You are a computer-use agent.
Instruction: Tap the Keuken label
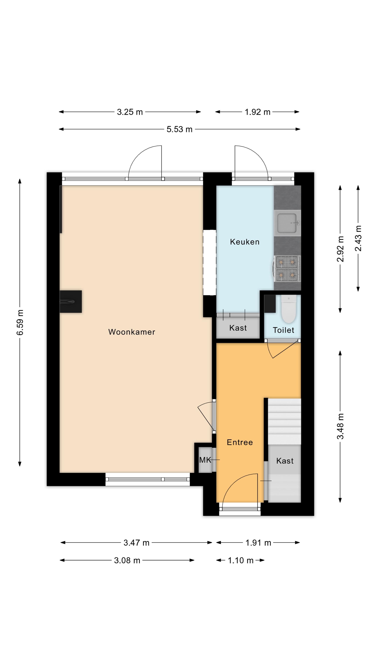[245, 242]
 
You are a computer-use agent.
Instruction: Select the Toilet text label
[283, 330]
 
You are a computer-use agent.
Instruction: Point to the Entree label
[240, 442]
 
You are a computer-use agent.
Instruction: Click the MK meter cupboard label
[205, 460]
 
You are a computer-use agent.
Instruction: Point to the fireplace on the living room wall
[71, 302]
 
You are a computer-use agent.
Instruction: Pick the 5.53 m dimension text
[180, 129]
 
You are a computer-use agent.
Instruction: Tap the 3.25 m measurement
[130, 112]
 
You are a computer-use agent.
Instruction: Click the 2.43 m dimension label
[358, 238]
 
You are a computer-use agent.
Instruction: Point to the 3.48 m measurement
[340, 426]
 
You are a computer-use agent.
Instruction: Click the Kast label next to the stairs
[285, 461]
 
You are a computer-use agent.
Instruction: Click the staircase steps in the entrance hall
[285, 421]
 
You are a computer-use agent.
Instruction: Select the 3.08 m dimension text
[127, 560]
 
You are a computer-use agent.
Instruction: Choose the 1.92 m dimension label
[257, 112]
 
